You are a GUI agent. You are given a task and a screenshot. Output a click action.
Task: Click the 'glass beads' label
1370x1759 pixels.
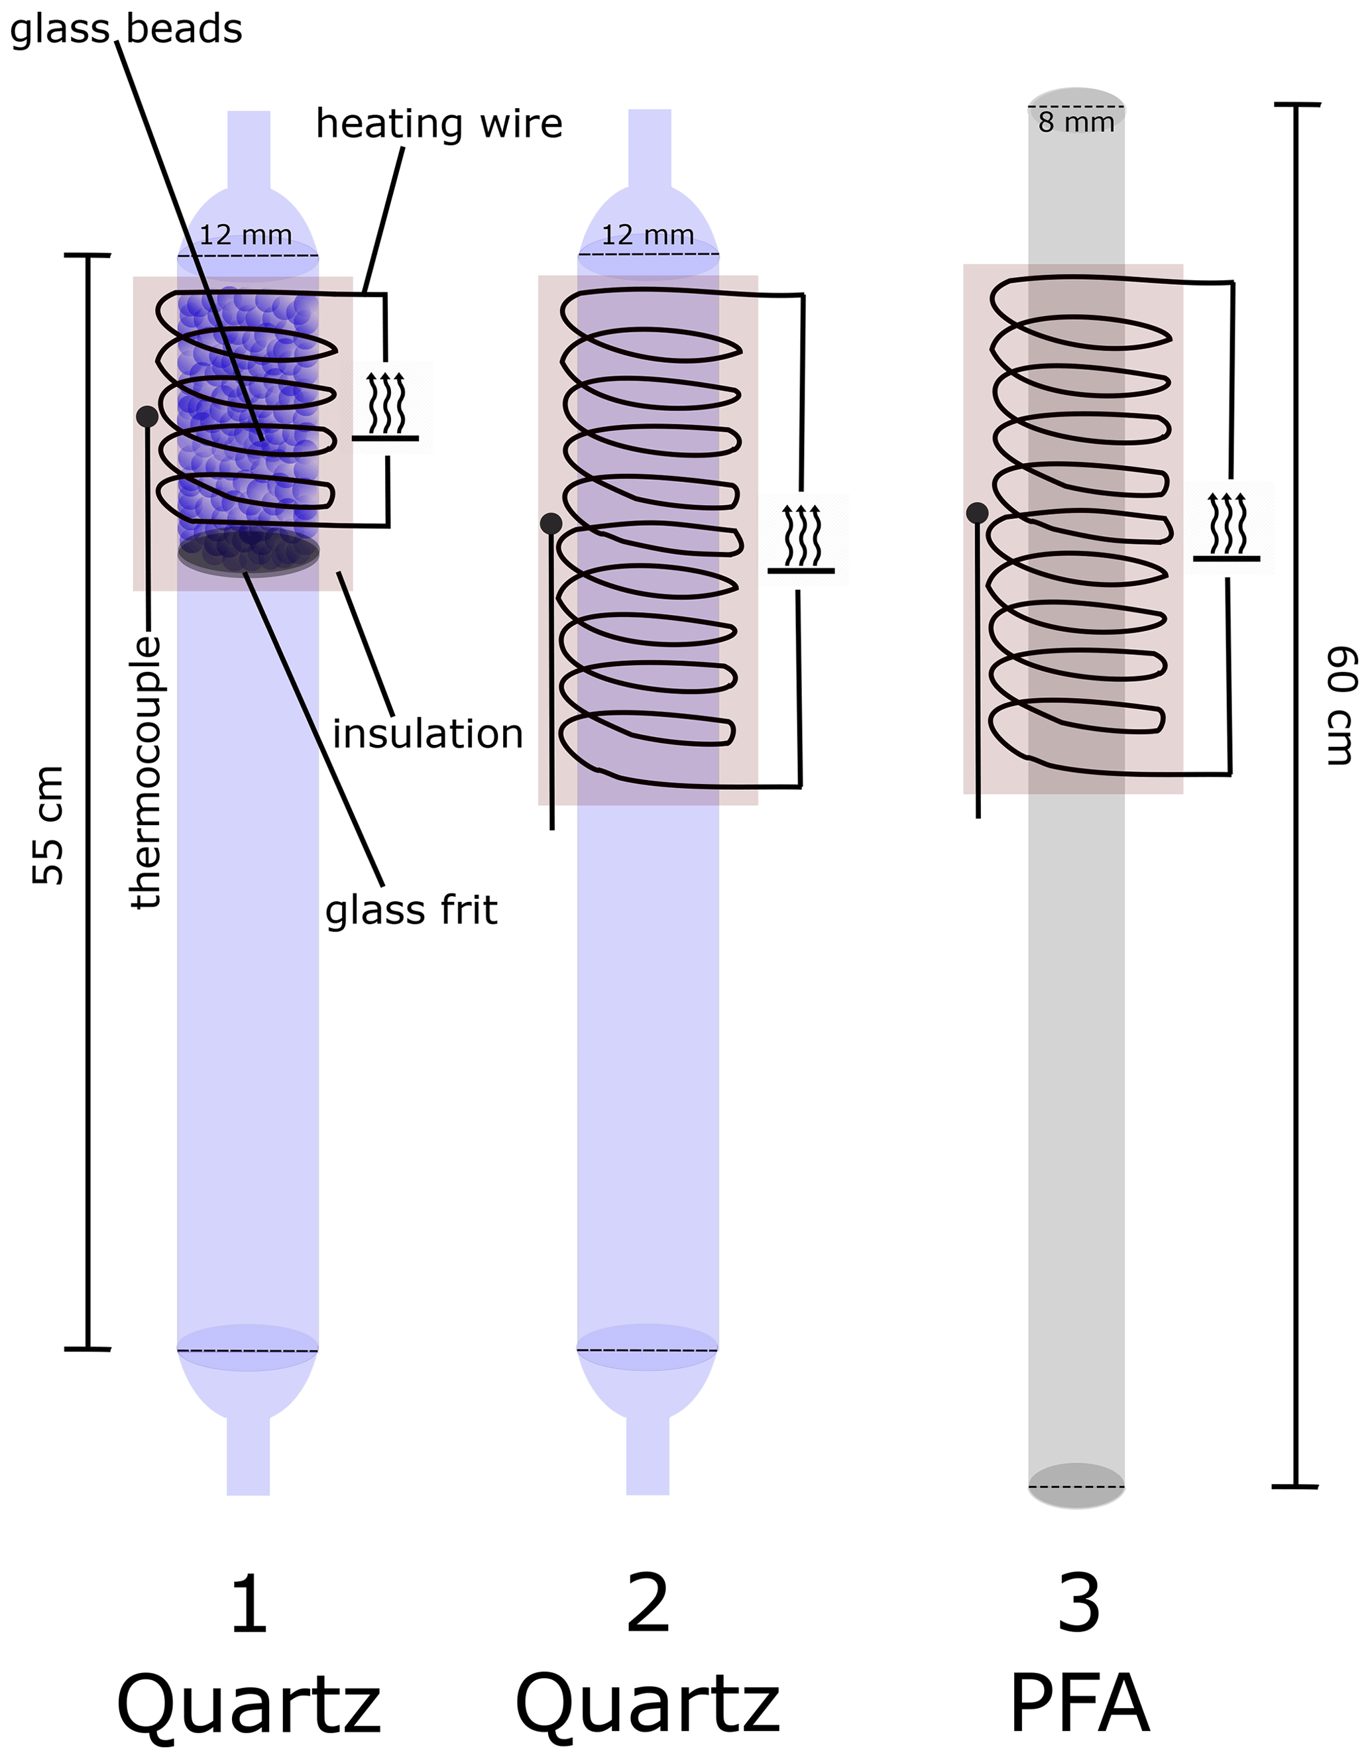click(x=126, y=29)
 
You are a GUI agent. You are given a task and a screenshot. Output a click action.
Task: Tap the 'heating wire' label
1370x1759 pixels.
click(x=439, y=124)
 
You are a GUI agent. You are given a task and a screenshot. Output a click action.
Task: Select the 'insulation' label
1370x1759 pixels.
click(x=428, y=734)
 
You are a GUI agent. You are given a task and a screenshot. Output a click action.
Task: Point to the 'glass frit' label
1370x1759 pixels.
click(x=411, y=910)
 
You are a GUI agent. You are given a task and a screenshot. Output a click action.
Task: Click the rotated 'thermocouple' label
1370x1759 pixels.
click(x=146, y=772)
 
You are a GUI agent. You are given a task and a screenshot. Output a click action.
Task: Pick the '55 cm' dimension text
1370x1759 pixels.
click(x=48, y=826)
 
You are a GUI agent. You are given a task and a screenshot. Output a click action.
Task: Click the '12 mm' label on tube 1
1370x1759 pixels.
click(x=246, y=235)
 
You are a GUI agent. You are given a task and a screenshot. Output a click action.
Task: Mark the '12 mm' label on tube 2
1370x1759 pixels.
click(x=648, y=235)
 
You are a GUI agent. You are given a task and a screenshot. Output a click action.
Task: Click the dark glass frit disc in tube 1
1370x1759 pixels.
click(x=248, y=553)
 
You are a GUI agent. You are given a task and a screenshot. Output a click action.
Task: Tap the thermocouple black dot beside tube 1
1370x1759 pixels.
click(x=146, y=416)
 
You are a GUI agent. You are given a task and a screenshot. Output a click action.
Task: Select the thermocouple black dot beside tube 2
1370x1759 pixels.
click(x=551, y=524)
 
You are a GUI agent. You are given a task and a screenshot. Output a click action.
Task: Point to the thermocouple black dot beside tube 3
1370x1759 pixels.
click(x=977, y=512)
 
